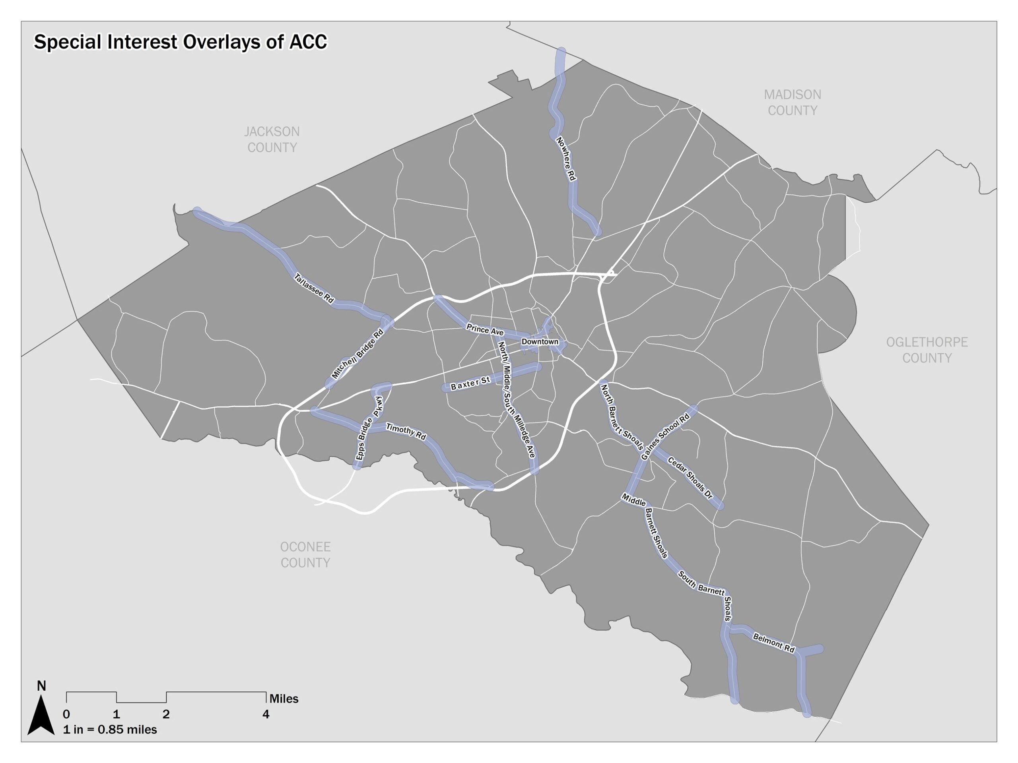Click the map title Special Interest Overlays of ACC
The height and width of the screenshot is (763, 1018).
coord(181,42)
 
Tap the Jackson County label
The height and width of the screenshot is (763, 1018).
coord(272,139)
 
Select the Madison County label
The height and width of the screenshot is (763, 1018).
coord(792,103)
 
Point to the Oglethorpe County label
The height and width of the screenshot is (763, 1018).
coord(927,350)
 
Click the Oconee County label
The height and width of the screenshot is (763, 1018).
coord(305,555)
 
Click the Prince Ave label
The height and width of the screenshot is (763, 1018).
coord(485,329)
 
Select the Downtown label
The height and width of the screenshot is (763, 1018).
coord(540,342)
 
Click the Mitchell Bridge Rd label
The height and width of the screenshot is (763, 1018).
coord(357,354)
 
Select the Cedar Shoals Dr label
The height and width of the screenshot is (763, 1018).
coord(690,478)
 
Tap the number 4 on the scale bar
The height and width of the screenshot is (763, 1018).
coord(266,714)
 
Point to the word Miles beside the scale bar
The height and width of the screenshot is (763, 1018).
coord(284,699)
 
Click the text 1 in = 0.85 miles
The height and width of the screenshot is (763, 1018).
coord(110,730)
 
